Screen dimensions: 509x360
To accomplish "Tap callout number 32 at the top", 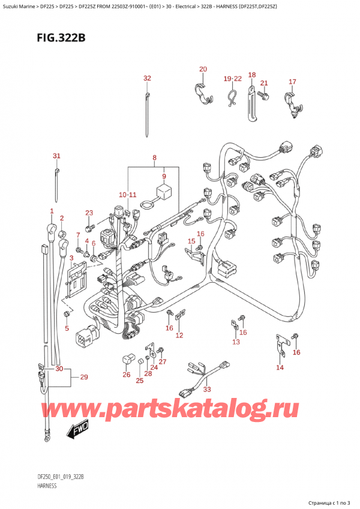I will coord(147,79).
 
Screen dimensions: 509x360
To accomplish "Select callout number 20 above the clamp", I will coord(203,70).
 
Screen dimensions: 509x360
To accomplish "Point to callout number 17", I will coord(292,82).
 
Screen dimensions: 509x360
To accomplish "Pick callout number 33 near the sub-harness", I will coord(208,389).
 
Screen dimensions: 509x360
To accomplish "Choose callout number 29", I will coord(83,377).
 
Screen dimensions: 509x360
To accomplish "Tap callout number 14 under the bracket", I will coord(280,367).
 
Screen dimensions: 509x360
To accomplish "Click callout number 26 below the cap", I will coord(126,375).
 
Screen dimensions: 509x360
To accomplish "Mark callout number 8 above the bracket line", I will coord(154,158).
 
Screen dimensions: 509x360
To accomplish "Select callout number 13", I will coord(236,342).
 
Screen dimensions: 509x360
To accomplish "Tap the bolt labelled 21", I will coord(262,94).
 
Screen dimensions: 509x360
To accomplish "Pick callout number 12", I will coord(179,334).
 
